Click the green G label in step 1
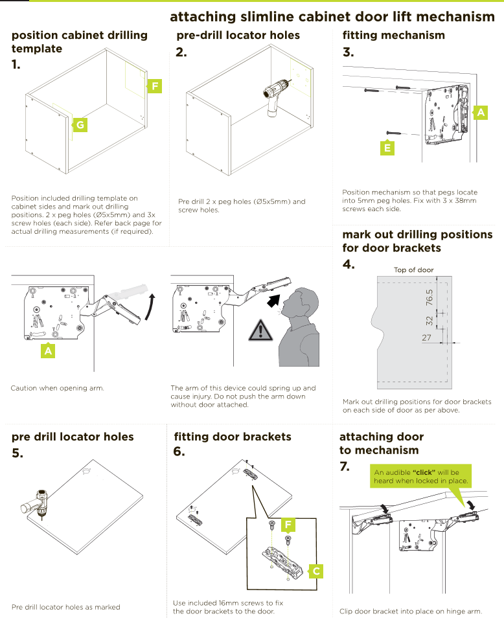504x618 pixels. coord(79,124)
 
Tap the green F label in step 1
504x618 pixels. coord(154,86)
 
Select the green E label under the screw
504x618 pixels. coord(387,148)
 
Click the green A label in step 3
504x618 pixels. coord(480,113)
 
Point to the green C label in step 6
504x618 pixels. coord(315,571)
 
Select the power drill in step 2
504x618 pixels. coord(275,96)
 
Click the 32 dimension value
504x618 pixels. coord(428,321)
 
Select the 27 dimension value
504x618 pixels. coord(426,338)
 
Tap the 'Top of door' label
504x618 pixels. coord(413,269)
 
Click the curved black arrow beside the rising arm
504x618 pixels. coord(150,306)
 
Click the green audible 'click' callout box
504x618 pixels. coord(420,476)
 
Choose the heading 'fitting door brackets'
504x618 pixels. coord(233,437)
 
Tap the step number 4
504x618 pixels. coord(349,264)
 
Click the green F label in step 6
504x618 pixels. coord(289,523)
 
